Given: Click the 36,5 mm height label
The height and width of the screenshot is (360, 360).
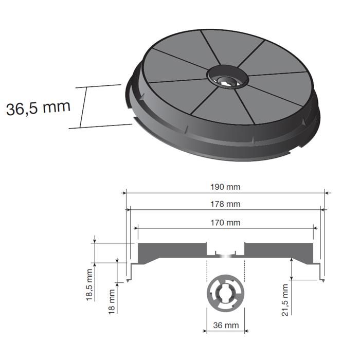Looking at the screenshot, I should point(38,108).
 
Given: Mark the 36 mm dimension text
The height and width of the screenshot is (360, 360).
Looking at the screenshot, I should point(226,326).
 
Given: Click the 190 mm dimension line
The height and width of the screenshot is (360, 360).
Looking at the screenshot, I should point(154,193).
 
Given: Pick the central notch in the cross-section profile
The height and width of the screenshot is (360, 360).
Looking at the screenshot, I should point(225,250).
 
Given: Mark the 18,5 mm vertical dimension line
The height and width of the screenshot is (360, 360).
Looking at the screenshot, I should point(96,252).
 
